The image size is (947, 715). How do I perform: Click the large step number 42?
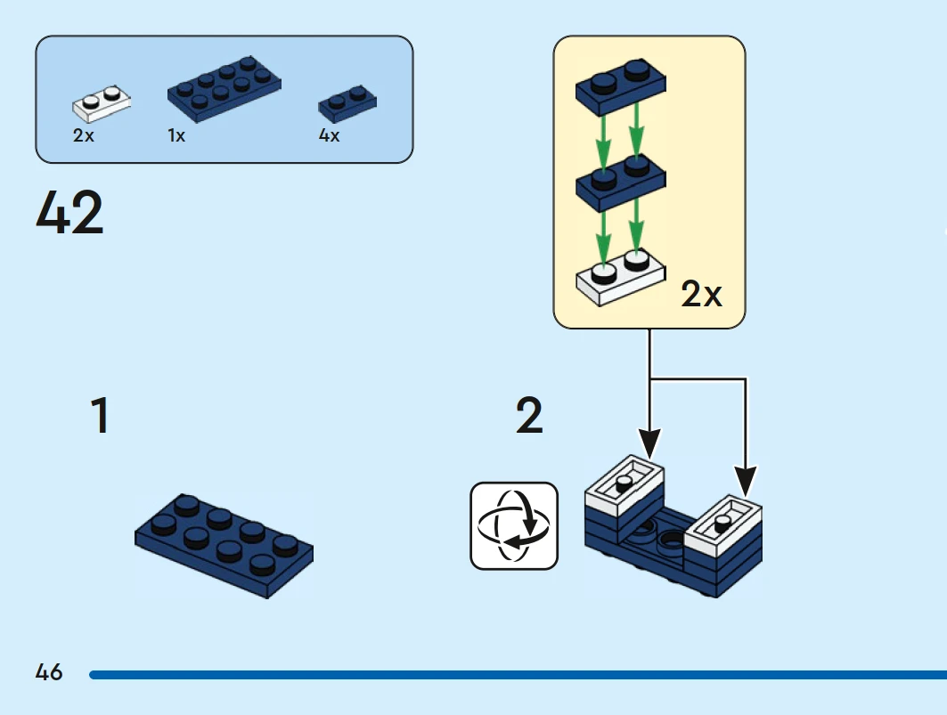(70, 214)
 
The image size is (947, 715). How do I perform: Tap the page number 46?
(49, 672)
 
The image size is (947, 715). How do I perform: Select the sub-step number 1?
(100, 417)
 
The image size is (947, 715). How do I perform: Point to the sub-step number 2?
(529, 417)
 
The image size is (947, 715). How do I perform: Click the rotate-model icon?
(514, 525)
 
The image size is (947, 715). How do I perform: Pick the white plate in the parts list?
(102, 104)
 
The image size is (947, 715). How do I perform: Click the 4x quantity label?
(329, 136)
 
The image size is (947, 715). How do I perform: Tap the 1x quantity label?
(176, 136)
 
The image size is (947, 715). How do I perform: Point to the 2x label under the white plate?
(83, 136)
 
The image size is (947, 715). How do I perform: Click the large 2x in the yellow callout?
(701, 295)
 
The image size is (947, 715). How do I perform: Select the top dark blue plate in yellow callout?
(621, 85)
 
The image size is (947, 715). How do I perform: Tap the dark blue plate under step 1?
(224, 546)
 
